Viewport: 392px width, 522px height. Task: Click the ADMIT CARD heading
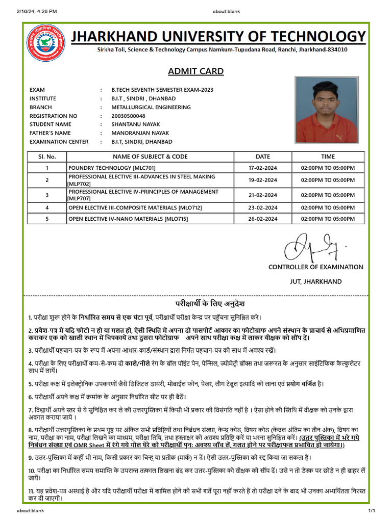point(196,71)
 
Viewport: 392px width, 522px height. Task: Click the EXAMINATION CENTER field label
point(59,142)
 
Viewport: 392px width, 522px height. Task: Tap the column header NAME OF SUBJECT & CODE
point(150,156)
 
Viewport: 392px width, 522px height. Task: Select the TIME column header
point(328,156)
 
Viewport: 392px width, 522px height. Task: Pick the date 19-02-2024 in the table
point(263,180)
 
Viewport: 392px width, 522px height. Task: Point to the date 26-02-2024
point(263,219)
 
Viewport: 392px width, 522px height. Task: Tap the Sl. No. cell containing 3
point(47,195)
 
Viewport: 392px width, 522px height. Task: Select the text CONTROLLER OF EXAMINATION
point(316,267)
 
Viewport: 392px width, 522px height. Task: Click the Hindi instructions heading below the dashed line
point(196,303)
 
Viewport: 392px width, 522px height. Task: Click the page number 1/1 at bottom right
point(372,511)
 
